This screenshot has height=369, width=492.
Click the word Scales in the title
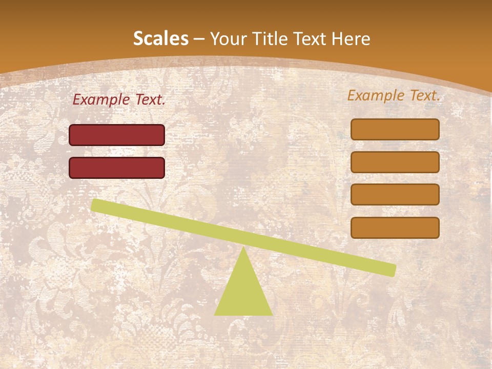160,38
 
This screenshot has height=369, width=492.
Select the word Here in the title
351,38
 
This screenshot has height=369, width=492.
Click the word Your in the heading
229,38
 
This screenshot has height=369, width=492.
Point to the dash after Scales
199,39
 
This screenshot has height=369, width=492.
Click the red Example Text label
119,100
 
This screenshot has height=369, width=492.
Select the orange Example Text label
394,95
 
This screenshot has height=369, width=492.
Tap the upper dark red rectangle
117,135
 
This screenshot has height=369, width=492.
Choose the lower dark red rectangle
117,168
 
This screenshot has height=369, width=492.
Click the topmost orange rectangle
395,129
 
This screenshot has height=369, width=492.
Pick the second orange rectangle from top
395,162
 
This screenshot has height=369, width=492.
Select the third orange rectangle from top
395,195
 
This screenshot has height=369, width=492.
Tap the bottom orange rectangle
395,228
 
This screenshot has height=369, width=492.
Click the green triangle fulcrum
243,292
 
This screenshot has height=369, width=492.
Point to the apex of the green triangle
243,249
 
